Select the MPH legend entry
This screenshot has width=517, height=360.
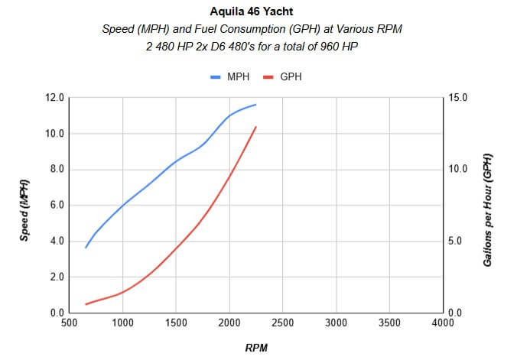pos(233,77)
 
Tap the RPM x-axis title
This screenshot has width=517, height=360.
pos(256,348)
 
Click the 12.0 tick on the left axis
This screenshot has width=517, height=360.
pos(54,98)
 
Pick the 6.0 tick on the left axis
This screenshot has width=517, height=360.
pos(57,206)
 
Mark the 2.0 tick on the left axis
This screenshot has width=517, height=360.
pos(57,277)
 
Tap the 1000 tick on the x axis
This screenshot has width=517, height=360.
pos(122,323)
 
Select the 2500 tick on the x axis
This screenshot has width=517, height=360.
pos(283,323)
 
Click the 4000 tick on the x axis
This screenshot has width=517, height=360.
pos(443,323)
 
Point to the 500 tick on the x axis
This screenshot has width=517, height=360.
pos(69,323)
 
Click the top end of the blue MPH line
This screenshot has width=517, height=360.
pos(256,105)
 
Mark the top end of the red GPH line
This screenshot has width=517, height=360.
pos(256,127)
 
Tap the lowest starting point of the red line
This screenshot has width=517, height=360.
pos(86,304)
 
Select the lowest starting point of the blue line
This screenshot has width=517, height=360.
pos(86,248)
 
